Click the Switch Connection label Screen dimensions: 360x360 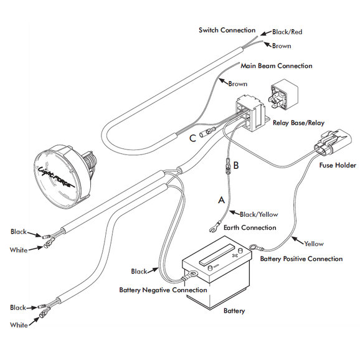(227, 31)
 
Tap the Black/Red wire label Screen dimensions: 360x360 (287, 32)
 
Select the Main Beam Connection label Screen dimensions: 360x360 (277, 66)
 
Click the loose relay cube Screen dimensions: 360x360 (283, 95)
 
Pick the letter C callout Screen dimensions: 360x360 (192, 138)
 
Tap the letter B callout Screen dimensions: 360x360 (236, 165)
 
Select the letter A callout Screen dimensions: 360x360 (221, 200)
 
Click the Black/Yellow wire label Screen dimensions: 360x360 (258, 214)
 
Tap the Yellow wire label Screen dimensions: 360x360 (314, 244)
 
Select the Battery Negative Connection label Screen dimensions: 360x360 (163, 290)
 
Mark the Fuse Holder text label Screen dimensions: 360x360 (338, 165)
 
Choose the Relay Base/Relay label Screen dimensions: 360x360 (298, 123)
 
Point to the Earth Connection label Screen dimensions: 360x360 (250, 227)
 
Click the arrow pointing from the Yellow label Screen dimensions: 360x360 (298, 240)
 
